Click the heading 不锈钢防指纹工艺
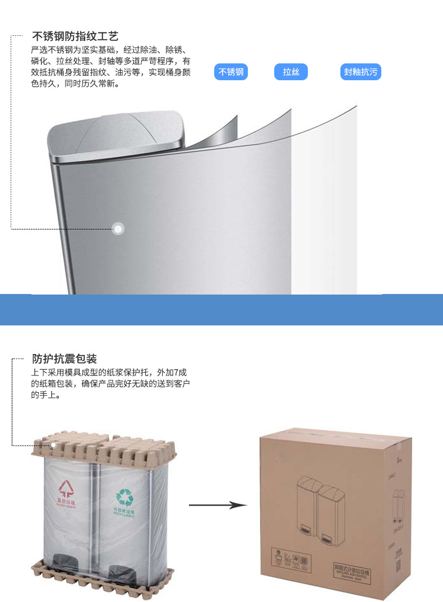click(75, 37)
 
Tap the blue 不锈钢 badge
click(231, 72)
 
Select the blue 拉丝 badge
click(291, 72)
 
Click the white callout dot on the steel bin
click(118, 229)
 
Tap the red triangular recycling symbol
click(66, 486)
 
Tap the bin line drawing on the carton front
click(317, 511)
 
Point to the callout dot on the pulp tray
click(54, 445)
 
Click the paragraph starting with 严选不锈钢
click(111, 67)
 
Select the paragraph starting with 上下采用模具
click(111, 384)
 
